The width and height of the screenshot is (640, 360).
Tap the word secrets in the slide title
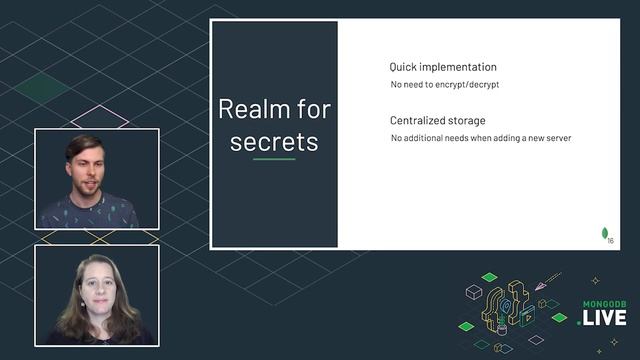coord(274,141)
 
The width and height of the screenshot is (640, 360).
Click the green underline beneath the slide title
coord(274,159)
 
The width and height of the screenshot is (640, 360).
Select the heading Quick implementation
coord(442,67)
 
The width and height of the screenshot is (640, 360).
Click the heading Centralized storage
coord(438,121)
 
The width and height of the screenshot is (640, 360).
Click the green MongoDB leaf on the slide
coord(604,233)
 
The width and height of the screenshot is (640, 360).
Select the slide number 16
coord(611,240)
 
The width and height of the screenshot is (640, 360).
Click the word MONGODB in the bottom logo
coord(605,303)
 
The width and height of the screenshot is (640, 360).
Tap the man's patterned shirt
coord(90,212)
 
